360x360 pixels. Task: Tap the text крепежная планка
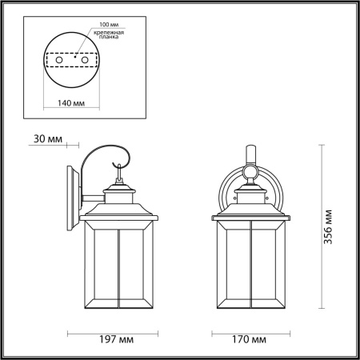tap(107, 33)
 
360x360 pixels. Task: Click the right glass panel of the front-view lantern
tap(269, 268)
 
